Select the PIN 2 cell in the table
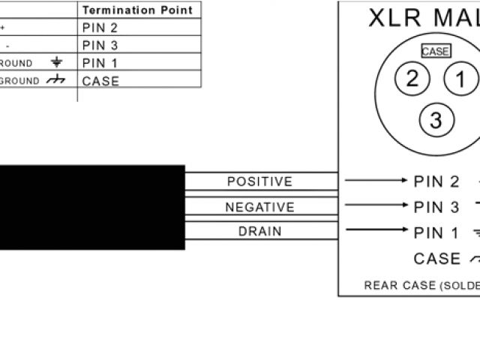[100, 28]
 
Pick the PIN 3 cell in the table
[100, 45]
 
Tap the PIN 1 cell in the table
[100, 63]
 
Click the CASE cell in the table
[100, 81]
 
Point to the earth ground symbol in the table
[56, 63]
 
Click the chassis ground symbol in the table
[55, 81]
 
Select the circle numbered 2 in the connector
[412, 79]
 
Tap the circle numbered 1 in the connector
[460, 79]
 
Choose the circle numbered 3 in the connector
[436, 119]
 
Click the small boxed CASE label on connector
[436, 52]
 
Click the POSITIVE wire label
[259, 181]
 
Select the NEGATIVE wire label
[259, 207]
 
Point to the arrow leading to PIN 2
[375, 181]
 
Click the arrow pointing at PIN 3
[375, 205]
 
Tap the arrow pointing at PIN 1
[375, 231]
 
